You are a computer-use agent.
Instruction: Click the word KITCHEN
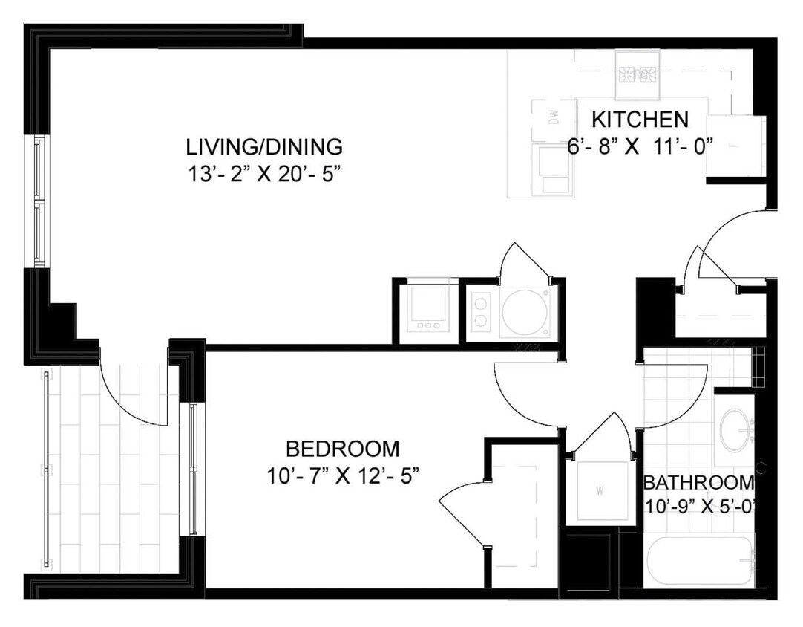point(640,119)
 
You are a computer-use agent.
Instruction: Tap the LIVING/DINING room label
point(264,146)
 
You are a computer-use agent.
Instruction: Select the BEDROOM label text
point(342,449)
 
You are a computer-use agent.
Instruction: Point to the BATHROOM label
point(698,483)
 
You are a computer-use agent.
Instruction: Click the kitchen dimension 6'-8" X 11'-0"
point(640,146)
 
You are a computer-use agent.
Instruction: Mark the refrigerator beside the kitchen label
point(735,146)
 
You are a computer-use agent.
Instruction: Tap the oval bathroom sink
point(736,428)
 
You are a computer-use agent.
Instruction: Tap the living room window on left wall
point(38,201)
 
